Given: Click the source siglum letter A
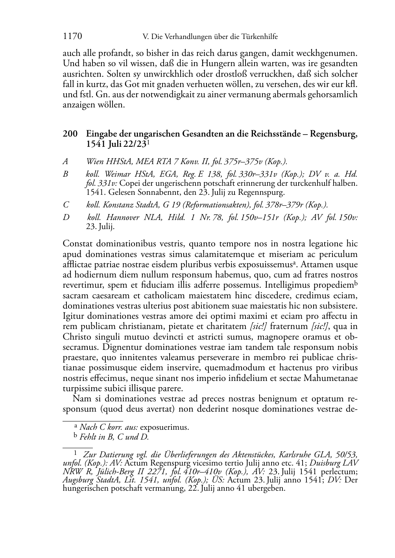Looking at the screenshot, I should (x=65, y=161).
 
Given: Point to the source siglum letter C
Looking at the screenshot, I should (x=66, y=205).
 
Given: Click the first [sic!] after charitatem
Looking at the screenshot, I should (x=258, y=326).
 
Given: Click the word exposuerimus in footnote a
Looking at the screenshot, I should (x=164, y=427).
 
